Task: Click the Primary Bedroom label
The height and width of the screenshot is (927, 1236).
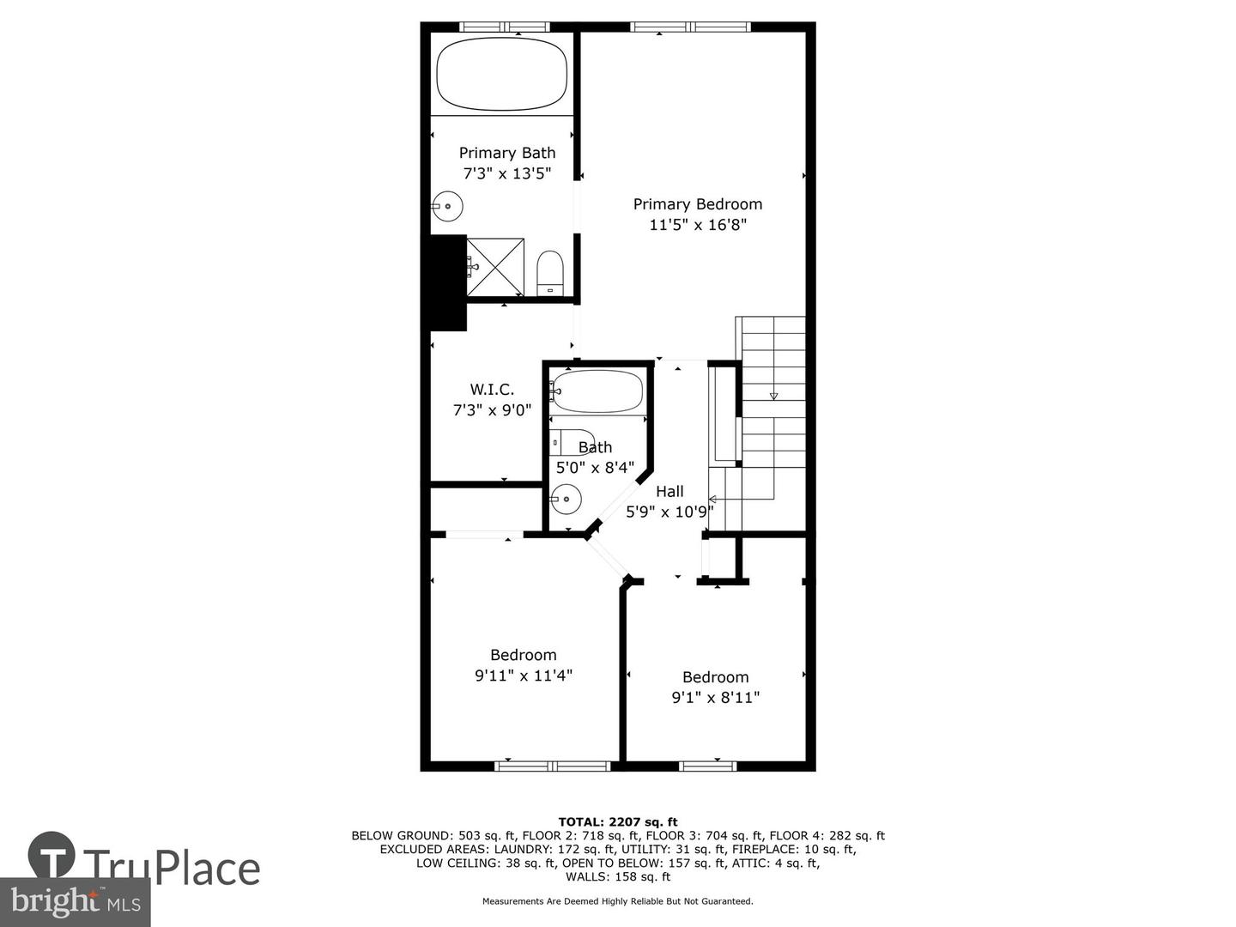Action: click(x=698, y=203)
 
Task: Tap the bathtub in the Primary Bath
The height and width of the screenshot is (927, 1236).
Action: click(x=502, y=74)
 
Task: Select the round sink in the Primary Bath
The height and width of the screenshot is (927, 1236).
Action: click(x=448, y=207)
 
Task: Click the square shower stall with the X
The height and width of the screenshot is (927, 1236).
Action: click(x=495, y=267)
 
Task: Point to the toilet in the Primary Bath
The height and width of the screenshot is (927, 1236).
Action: click(x=550, y=273)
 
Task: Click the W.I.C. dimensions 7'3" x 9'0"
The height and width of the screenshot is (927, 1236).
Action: click(x=492, y=409)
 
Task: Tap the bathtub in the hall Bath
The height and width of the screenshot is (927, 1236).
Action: click(x=597, y=391)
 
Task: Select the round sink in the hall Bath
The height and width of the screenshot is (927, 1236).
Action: click(x=566, y=499)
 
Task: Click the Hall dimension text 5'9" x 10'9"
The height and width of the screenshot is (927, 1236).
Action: click(x=670, y=512)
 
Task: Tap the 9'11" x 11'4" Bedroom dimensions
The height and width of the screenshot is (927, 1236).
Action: click(x=524, y=675)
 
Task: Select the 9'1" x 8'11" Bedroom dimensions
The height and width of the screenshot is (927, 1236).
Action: click(x=716, y=697)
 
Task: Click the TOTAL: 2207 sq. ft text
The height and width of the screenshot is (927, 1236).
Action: click(x=618, y=822)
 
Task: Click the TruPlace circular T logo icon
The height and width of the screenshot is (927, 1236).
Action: click(x=51, y=855)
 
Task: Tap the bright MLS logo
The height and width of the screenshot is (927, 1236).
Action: click(x=75, y=901)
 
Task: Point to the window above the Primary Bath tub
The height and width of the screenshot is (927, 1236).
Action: click(x=504, y=27)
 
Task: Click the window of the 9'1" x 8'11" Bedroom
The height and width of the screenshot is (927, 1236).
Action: click(x=708, y=766)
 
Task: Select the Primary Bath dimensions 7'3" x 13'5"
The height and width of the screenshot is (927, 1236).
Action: click(x=506, y=173)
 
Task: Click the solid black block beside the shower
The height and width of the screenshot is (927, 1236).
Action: click(x=448, y=282)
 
